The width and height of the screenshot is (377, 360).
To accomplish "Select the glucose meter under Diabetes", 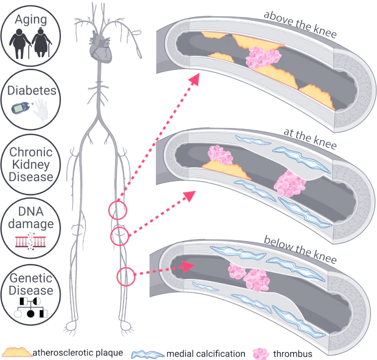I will click(20, 108).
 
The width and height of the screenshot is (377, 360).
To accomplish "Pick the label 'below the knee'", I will click(300, 249).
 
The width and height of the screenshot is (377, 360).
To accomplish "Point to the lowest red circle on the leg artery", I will click(126, 277).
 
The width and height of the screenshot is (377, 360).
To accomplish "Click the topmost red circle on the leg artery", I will click(118, 211).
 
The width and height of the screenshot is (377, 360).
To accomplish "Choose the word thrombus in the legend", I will click(293, 353).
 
